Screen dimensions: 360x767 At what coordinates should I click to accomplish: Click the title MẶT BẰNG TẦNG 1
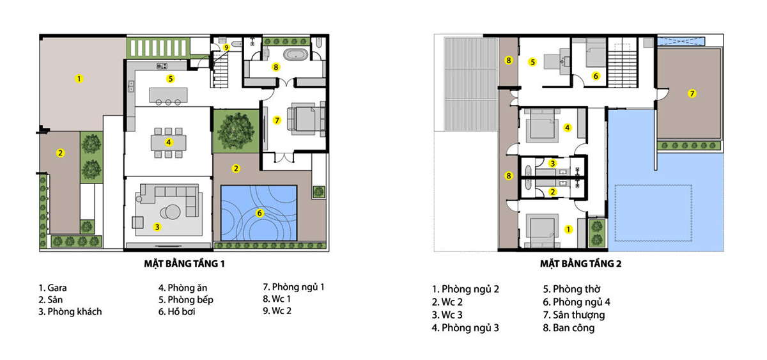(x=185, y=263)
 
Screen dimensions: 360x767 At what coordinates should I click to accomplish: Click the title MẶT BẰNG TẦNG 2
(x=581, y=263)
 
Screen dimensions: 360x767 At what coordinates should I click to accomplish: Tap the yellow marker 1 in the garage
(x=79, y=79)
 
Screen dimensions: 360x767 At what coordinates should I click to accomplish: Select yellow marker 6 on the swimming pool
(x=260, y=213)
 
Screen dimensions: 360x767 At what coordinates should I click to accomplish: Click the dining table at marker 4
(x=169, y=143)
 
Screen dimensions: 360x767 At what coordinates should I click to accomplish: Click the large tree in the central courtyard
(x=236, y=130)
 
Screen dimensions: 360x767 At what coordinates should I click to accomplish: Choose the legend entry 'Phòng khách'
(x=70, y=311)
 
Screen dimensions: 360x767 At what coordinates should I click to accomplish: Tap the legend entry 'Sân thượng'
(x=574, y=315)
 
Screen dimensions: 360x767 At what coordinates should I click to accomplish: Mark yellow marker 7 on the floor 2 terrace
(x=692, y=93)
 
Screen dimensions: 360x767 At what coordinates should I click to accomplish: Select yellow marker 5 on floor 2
(x=532, y=62)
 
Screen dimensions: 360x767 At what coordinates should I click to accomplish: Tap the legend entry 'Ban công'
(x=569, y=328)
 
